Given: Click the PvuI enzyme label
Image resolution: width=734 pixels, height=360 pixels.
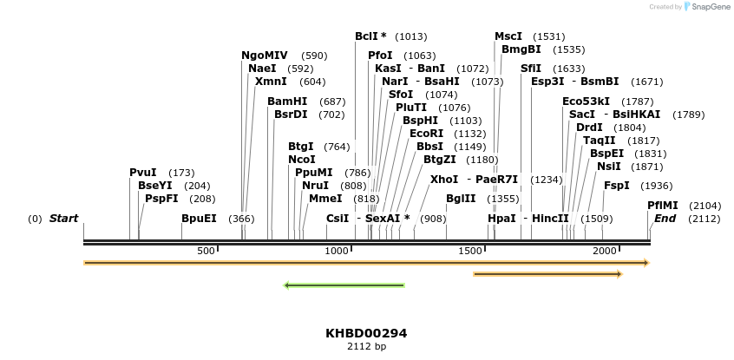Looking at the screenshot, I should click(x=142, y=173).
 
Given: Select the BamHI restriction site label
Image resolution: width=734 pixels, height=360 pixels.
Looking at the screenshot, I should click(x=287, y=101).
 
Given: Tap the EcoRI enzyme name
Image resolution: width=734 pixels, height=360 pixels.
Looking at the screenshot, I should click(x=426, y=134).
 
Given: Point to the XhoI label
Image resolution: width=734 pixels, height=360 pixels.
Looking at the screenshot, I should click(x=444, y=180).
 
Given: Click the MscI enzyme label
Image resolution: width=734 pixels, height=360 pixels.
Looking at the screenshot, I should click(x=508, y=36).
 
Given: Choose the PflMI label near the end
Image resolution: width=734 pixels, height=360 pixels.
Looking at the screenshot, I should click(x=663, y=206).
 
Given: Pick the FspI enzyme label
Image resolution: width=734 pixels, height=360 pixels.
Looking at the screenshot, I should click(x=617, y=186).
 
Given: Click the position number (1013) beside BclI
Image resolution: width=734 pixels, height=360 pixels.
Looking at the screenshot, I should click(x=410, y=36).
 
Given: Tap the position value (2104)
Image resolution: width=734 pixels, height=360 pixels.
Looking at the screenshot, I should click(x=705, y=206).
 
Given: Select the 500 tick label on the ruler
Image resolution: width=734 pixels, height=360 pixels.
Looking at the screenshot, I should click(x=206, y=251).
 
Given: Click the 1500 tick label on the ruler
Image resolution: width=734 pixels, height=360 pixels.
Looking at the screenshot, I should click(x=471, y=251).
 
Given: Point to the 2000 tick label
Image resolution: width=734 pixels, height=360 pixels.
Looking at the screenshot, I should click(x=604, y=251).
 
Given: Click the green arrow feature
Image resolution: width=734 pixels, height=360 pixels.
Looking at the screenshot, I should click(x=344, y=285).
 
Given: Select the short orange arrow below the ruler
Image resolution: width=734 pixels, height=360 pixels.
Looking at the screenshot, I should click(x=547, y=274).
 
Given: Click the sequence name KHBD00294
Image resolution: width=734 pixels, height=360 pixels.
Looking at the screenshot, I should click(x=366, y=333).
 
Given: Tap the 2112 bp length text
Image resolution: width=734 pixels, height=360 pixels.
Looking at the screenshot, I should click(x=366, y=347).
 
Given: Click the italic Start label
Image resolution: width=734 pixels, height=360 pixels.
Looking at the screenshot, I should click(x=63, y=219).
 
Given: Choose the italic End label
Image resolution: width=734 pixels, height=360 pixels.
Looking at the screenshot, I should click(x=665, y=219).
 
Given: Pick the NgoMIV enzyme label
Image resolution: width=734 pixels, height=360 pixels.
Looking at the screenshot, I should click(x=265, y=56).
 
